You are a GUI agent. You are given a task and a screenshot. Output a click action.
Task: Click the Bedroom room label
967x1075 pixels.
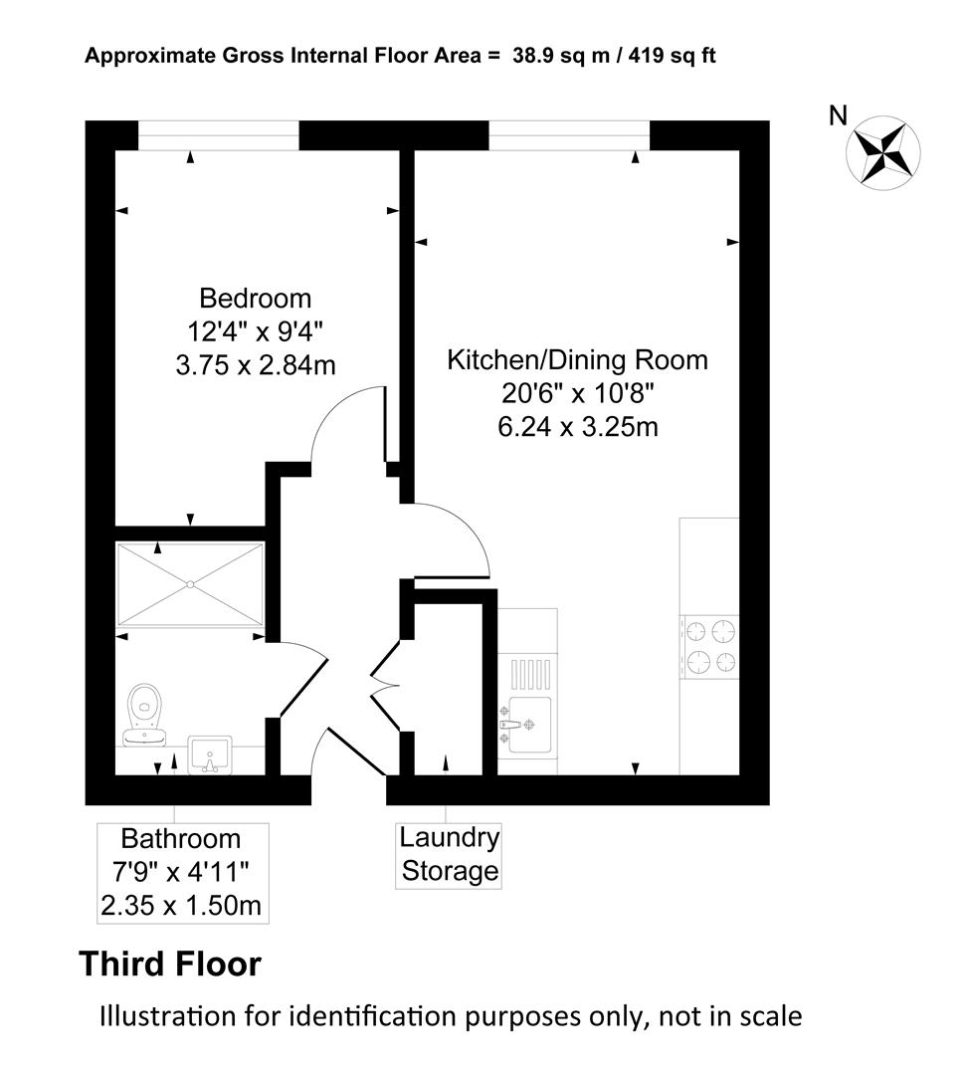click(255, 299)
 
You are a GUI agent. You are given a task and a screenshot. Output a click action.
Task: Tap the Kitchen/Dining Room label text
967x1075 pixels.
click(577, 360)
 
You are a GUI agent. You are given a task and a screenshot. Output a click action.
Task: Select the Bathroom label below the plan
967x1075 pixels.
click(181, 839)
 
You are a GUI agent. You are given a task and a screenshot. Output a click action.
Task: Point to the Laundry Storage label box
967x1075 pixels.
click(449, 855)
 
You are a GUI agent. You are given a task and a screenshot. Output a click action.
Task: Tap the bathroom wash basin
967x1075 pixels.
click(210, 754)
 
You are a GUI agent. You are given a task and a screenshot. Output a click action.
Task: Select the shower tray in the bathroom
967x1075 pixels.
click(191, 584)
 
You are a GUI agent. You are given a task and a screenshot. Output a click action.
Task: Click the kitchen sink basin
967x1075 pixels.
click(527, 725)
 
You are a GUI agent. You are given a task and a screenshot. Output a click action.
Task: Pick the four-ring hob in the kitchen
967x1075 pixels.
click(710, 646)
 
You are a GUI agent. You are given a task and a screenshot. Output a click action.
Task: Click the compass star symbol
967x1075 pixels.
click(883, 153)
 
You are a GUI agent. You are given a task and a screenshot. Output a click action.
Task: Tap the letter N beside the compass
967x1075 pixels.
click(838, 116)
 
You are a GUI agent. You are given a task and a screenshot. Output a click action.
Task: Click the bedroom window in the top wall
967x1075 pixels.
click(219, 135)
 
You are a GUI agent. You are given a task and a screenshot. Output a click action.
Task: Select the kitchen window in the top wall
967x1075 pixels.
click(569, 135)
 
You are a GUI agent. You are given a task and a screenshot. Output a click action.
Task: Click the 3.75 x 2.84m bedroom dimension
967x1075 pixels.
click(256, 365)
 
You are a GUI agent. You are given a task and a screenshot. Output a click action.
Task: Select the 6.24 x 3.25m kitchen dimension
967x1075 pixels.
click(578, 427)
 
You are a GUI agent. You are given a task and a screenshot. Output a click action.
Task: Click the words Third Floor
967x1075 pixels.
click(171, 964)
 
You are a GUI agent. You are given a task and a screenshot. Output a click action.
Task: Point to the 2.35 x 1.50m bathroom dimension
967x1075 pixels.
click(182, 906)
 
